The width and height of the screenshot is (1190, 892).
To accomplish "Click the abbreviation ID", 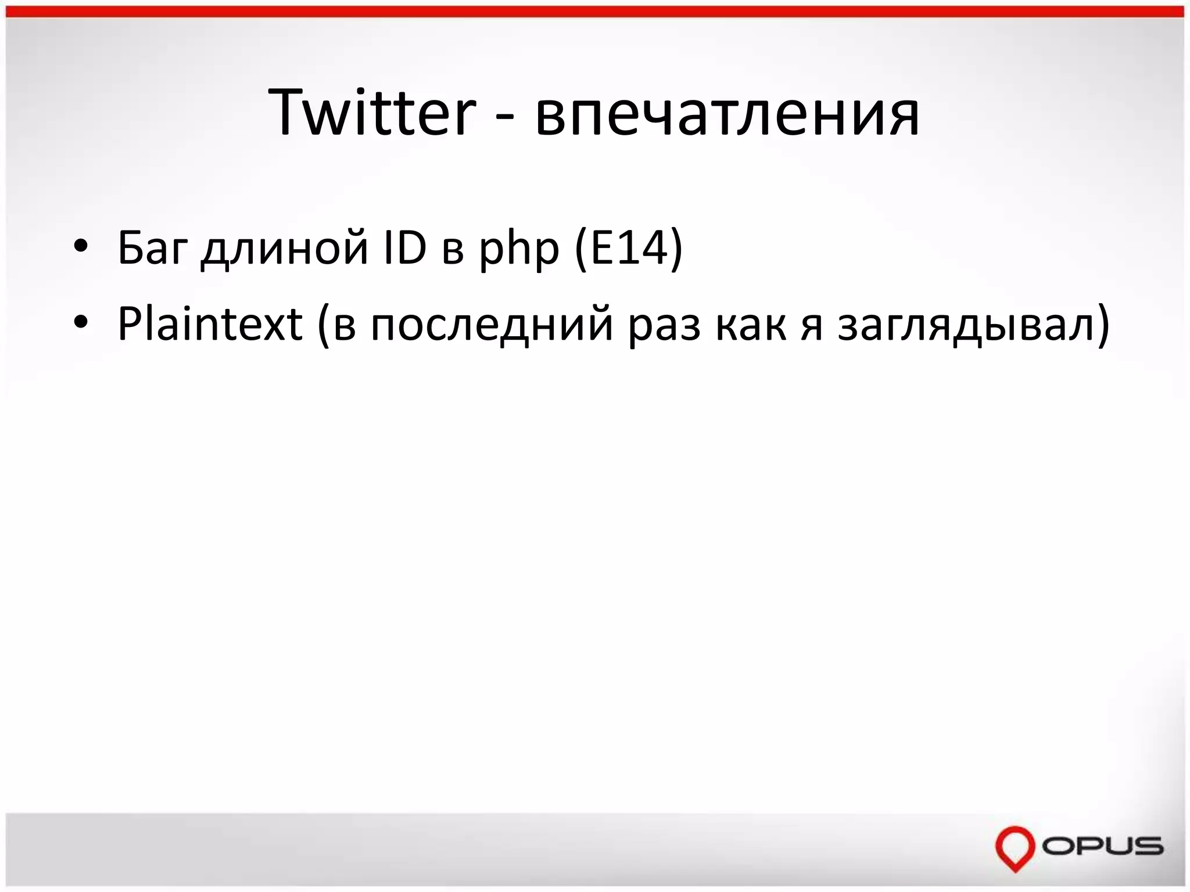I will pos(405,248).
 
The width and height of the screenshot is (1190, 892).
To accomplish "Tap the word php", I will pos(519,251).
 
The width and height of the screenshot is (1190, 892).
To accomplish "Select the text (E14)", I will pos(628,249).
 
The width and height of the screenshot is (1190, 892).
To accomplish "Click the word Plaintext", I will pos(210,324).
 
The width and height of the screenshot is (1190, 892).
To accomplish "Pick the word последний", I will pos(492,326).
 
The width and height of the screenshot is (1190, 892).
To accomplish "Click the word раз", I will pos(664,328).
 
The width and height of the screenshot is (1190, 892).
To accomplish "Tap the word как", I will pos(751,325).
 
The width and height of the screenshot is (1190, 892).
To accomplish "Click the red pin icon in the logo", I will pos(1015,847).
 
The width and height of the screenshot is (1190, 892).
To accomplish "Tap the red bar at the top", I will pos(595,12).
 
